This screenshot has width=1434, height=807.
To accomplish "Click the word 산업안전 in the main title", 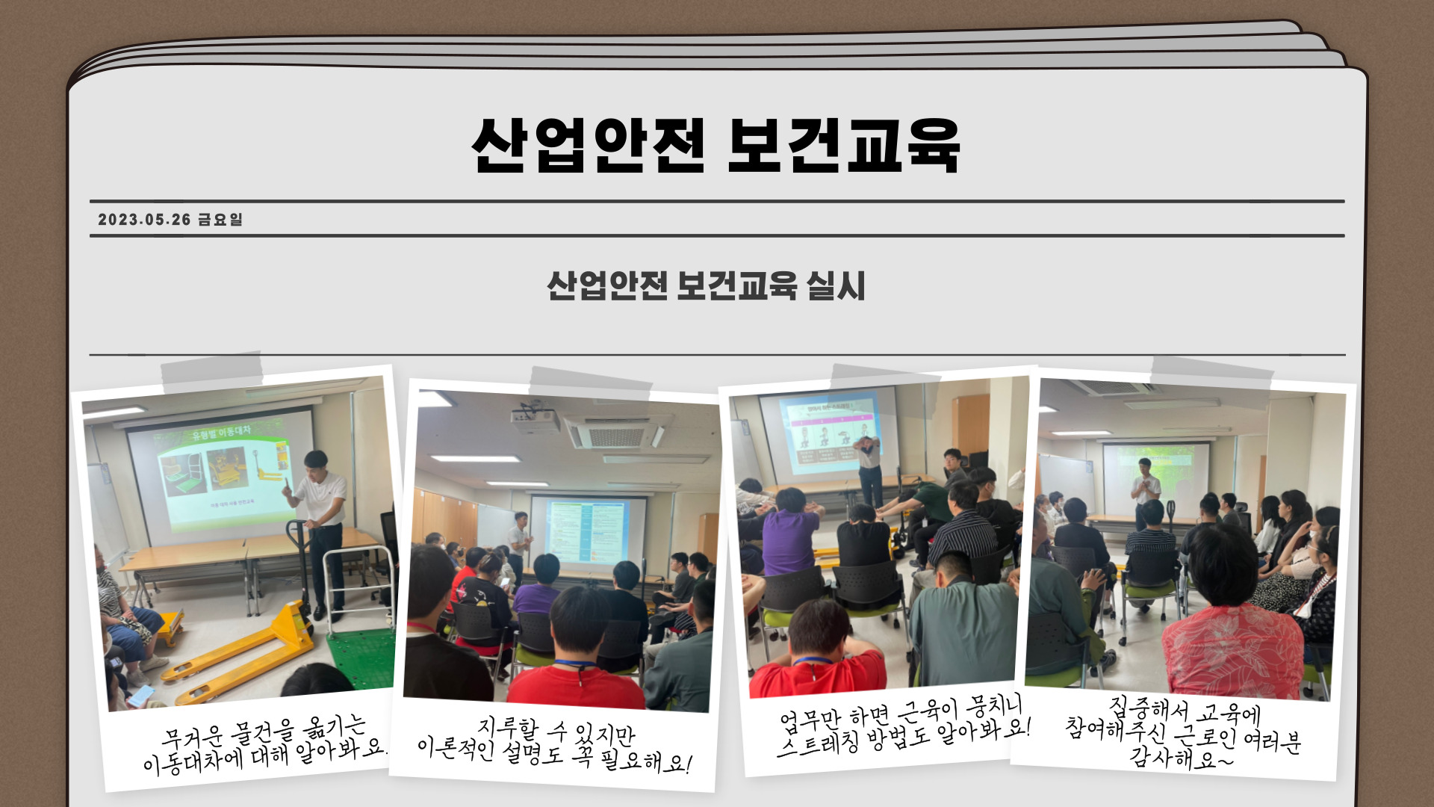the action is click(588, 145).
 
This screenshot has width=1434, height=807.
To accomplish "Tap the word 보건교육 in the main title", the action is click(843, 145).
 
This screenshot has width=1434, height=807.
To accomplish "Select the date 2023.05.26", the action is click(145, 220).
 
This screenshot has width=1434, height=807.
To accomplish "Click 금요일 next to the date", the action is click(220, 220).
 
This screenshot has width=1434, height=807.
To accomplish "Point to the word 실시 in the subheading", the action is click(836, 285).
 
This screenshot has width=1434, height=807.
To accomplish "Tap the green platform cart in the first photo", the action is click(361, 658).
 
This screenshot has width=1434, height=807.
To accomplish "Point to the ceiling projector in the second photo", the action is click(536, 419).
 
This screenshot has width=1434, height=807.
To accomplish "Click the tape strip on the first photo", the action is click(212, 372).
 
